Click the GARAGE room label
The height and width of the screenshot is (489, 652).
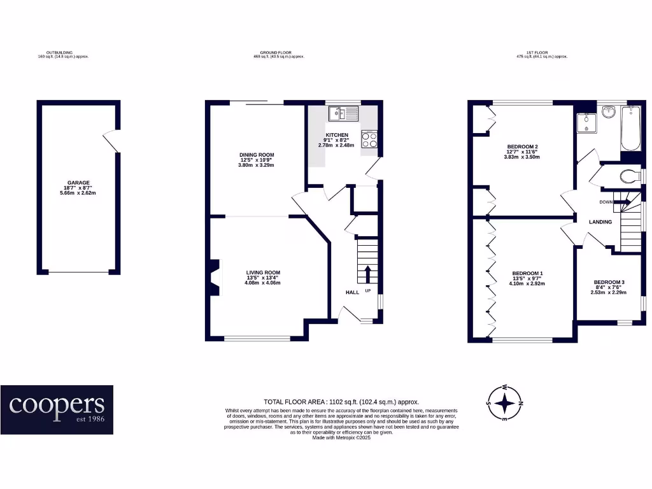(79, 183)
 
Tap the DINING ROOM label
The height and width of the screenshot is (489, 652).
(257, 155)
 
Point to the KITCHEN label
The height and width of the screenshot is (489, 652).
(337, 136)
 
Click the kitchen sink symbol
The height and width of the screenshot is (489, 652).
(344, 115)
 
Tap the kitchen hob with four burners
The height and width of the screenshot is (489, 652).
(369, 139)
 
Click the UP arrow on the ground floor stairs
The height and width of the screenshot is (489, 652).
(367, 274)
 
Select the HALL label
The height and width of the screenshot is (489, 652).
(352, 292)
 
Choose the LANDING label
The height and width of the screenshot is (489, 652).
(600, 222)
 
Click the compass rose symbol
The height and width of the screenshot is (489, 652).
(505, 403)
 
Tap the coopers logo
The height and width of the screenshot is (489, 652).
(57, 409)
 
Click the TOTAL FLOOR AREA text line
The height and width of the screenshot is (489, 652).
(341, 402)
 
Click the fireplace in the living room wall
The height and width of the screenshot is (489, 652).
(212, 277)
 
